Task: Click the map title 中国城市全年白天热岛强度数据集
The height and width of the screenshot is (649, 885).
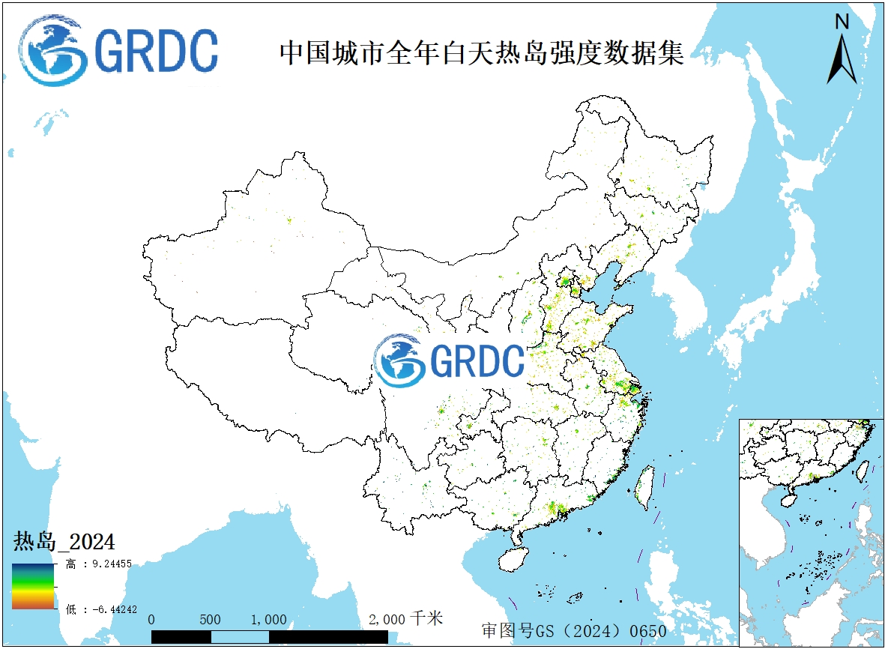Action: [x=481, y=53]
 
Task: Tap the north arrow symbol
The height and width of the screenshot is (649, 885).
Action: [x=842, y=59]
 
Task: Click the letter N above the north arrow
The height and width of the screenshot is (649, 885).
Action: [x=842, y=22]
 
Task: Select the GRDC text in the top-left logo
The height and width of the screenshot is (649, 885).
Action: [x=157, y=51]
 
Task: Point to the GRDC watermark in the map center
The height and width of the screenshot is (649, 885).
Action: [x=450, y=360]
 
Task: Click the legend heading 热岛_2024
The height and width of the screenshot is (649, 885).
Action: [x=64, y=541]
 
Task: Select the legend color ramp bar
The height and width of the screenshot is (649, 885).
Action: [x=33, y=585]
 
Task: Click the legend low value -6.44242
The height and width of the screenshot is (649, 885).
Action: [x=108, y=609]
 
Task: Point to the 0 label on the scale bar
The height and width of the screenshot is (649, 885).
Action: [x=152, y=620]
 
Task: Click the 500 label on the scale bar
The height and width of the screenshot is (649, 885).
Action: [x=211, y=620]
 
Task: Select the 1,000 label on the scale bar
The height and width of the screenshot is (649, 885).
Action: [x=268, y=620]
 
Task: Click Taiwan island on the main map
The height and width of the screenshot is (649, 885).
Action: [x=644, y=488]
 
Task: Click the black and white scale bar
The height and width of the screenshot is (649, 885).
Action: [x=269, y=636]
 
